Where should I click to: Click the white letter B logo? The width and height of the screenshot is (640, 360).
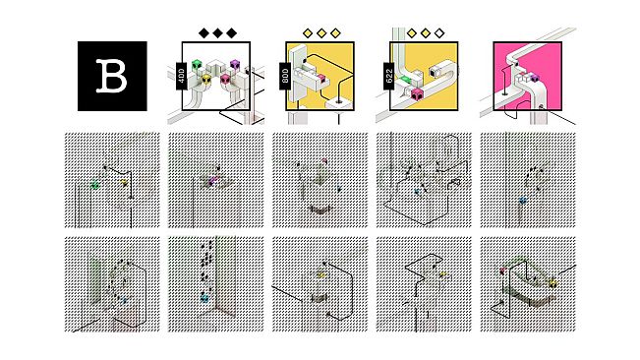(111, 76)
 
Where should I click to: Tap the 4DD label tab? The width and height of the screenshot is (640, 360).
(181, 77)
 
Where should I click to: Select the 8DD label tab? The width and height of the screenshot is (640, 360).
(285, 76)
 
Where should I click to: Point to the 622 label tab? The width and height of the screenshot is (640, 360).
(389, 76)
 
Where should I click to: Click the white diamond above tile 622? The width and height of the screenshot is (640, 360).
(439, 33)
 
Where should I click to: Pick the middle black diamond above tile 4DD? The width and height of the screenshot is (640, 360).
(217, 33)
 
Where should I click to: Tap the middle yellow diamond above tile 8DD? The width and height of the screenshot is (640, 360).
(321, 33)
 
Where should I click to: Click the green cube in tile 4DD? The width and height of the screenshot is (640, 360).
(197, 65)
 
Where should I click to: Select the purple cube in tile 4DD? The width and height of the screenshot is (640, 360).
(235, 65)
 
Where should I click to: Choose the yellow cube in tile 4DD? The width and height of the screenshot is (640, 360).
(206, 80)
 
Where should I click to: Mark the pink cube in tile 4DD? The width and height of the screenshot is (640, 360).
(226, 80)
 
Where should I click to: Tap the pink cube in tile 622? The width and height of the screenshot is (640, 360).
(416, 94)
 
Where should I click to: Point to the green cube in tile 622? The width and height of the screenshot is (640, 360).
(404, 81)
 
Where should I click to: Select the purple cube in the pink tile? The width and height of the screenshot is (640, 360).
(534, 77)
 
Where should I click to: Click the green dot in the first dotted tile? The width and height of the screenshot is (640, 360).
(95, 185)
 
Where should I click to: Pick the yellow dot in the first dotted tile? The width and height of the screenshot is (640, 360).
(125, 183)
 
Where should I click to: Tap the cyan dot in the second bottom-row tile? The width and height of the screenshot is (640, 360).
(204, 298)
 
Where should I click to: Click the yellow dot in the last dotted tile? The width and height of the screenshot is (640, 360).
(553, 283)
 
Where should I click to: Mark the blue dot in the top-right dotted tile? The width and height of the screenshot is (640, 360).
(522, 201)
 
